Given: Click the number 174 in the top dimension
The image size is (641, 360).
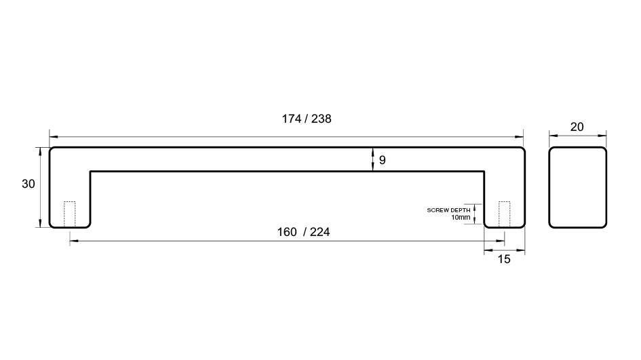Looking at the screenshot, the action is click(292, 119).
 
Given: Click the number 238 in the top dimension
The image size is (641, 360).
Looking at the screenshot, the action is click(322, 119).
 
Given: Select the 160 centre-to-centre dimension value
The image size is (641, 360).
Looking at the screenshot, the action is click(287, 232).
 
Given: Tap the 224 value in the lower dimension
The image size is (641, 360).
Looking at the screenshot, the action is click(319, 232).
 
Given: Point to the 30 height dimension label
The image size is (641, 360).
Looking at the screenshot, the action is click(28, 184).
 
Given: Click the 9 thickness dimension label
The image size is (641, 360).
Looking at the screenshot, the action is click(383, 160).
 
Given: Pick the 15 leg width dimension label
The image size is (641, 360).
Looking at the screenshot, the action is click(504, 260).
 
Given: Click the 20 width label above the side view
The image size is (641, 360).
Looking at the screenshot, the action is click(577, 127).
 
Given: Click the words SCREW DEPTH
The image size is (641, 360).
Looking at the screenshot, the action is click(448, 210).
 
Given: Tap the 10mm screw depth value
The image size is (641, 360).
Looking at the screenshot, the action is click(461, 218).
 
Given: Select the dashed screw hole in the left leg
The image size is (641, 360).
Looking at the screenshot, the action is click(69, 214).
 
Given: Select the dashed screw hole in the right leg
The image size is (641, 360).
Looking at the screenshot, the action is click(504, 214).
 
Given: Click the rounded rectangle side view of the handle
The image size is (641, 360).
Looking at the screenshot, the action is click(549, 188).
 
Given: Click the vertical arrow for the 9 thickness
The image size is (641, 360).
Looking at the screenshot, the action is click(372, 159).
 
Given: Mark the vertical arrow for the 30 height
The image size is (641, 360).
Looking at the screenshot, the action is click(40, 187).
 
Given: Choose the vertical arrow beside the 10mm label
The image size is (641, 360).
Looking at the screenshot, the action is click(475, 214).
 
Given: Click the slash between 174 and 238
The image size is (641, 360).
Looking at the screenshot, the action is click(306, 119).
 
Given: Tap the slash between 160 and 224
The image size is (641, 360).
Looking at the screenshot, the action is click(305, 232).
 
